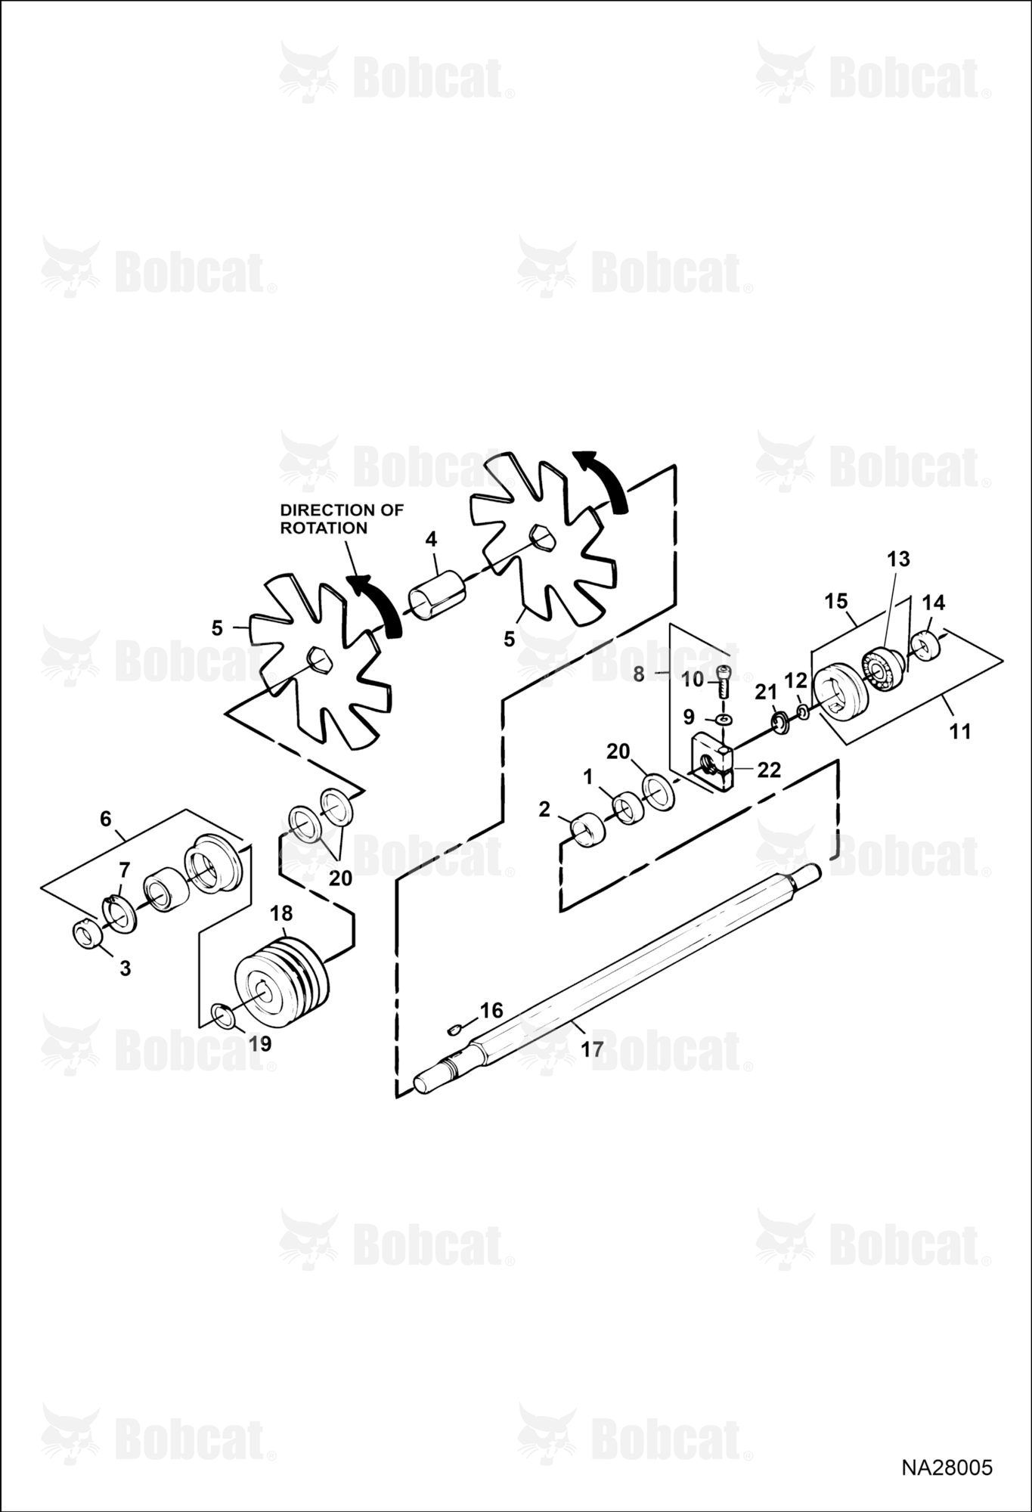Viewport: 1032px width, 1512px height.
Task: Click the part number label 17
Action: (x=592, y=1049)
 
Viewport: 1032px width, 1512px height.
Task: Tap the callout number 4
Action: (x=431, y=539)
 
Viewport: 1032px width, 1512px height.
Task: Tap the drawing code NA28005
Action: (x=947, y=1468)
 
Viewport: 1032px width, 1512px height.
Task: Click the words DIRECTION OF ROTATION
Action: (x=342, y=519)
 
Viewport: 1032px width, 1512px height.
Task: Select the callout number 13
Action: (x=898, y=559)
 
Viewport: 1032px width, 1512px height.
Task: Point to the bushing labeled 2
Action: (x=587, y=830)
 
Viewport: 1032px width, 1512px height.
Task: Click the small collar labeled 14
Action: (x=927, y=645)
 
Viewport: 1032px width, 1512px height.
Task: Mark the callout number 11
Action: (x=959, y=731)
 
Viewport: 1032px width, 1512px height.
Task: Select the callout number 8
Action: (x=639, y=674)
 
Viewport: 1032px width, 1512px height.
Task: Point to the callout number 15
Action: (x=836, y=601)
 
